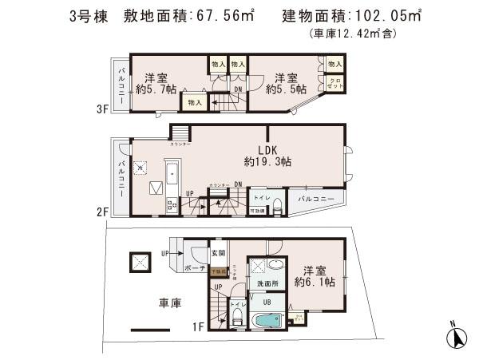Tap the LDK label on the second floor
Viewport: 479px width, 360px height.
click(267, 148)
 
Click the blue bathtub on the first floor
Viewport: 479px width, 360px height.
click(264, 322)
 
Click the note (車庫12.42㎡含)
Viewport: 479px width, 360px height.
click(352, 34)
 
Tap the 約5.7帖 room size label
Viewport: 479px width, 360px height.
click(155, 89)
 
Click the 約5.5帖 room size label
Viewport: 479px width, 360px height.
click(287, 89)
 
